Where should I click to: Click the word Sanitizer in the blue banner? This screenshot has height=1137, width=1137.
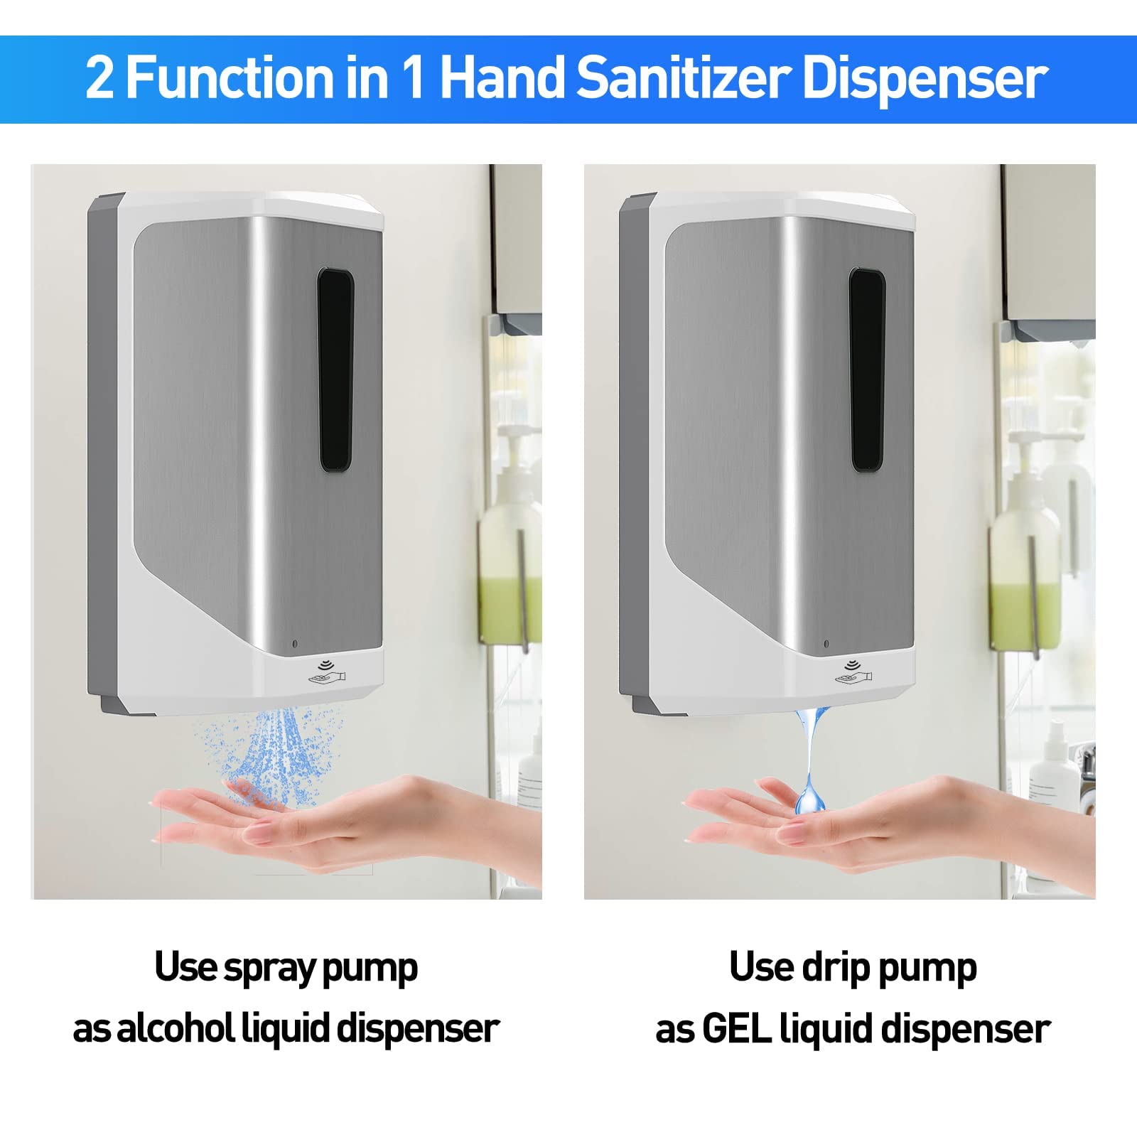(x=684, y=77)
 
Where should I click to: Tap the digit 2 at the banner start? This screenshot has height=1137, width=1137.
(x=99, y=78)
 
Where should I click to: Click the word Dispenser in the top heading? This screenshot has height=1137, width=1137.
(x=925, y=79)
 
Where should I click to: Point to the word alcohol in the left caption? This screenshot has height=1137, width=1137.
(x=175, y=1028)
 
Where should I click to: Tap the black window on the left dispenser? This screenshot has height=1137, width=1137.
(x=335, y=370)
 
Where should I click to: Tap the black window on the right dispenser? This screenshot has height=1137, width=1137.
(x=867, y=370)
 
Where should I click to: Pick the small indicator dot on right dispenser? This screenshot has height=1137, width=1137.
(x=826, y=644)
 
